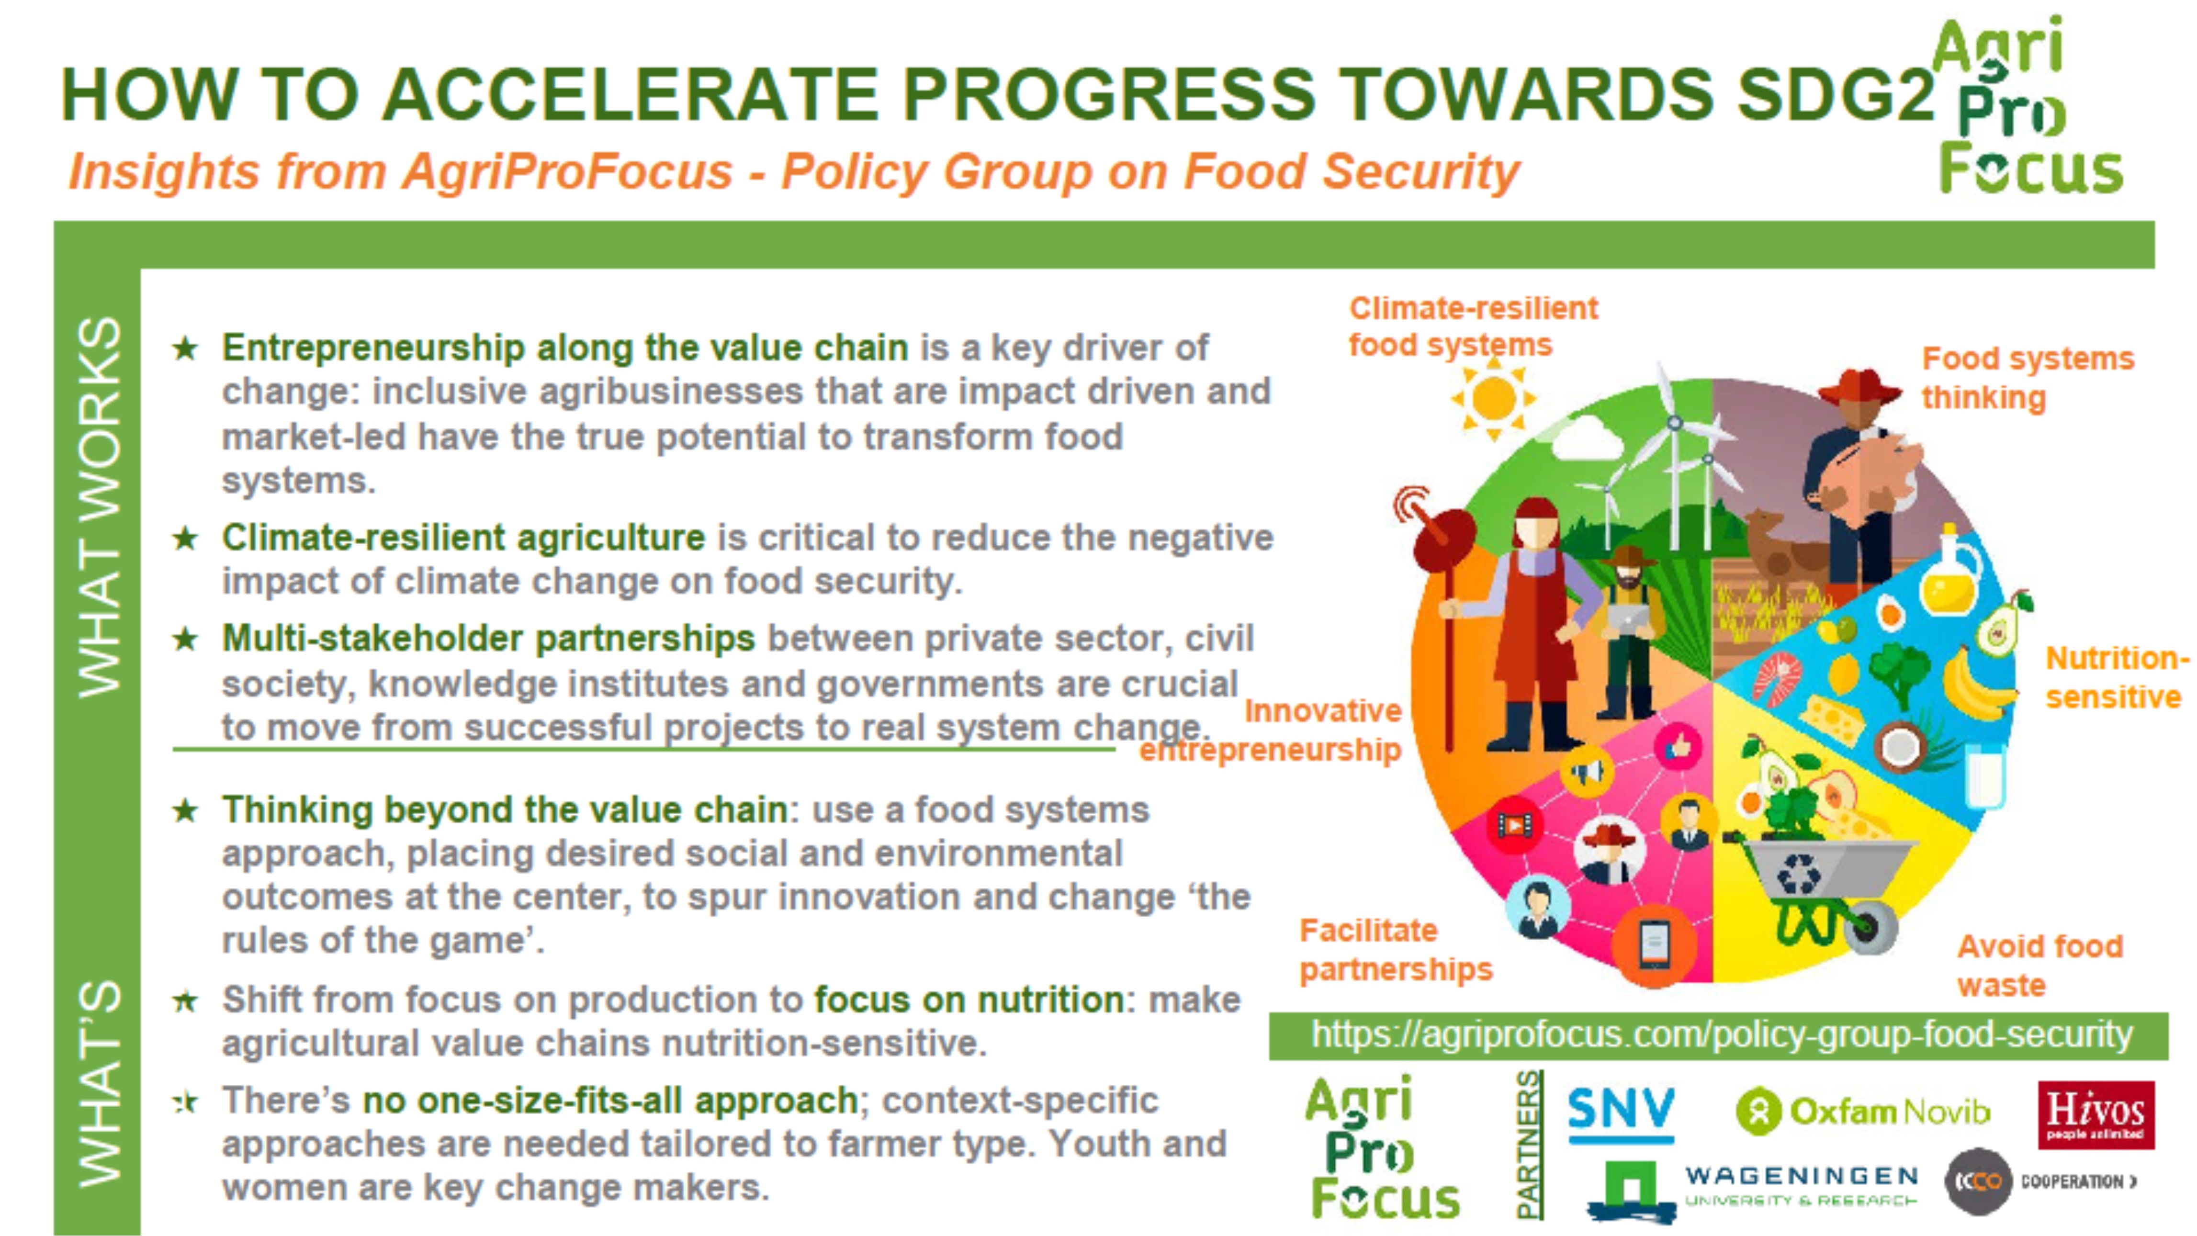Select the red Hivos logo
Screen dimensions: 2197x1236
(2096, 1115)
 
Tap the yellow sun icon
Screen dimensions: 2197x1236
(1493, 398)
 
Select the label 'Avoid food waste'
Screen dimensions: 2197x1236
(2040, 966)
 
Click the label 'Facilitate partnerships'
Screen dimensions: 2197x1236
(1395, 949)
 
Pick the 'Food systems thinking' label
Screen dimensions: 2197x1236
(2027, 378)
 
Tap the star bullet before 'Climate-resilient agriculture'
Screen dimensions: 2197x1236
(185, 538)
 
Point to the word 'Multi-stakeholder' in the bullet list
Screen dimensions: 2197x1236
(372, 638)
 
